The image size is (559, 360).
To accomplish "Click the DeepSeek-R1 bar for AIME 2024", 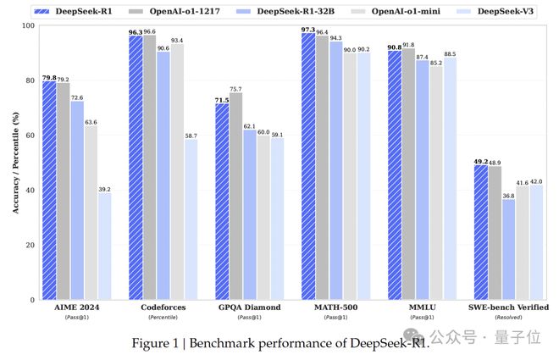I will (50, 191).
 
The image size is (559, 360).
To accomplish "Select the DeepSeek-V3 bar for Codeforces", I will (191, 219).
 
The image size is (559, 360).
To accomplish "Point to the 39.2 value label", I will (105, 188).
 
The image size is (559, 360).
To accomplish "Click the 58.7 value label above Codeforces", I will (191, 135).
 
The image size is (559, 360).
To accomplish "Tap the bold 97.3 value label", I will (308, 29).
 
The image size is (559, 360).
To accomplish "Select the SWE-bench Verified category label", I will (508, 307).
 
